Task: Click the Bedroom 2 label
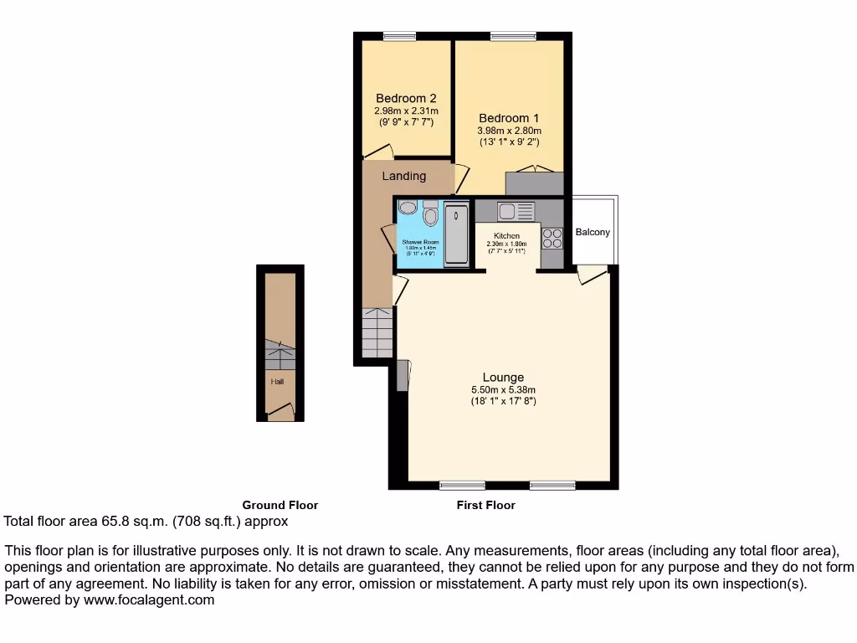(406, 98)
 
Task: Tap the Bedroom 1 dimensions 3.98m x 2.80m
(510, 131)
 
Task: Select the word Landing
(404, 176)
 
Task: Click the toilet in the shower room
(431, 216)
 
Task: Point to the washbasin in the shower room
(408, 208)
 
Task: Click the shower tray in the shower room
(456, 234)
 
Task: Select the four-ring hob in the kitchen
(552, 239)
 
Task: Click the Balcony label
(593, 232)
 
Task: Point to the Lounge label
(503, 377)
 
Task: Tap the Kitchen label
(506, 236)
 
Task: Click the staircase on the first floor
(377, 332)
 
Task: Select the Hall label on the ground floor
(277, 382)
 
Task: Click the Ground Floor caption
(280, 505)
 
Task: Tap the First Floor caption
(485, 505)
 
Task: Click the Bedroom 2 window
(399, 35)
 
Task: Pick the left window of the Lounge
(462, 485)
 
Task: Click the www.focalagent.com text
(147, 599)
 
